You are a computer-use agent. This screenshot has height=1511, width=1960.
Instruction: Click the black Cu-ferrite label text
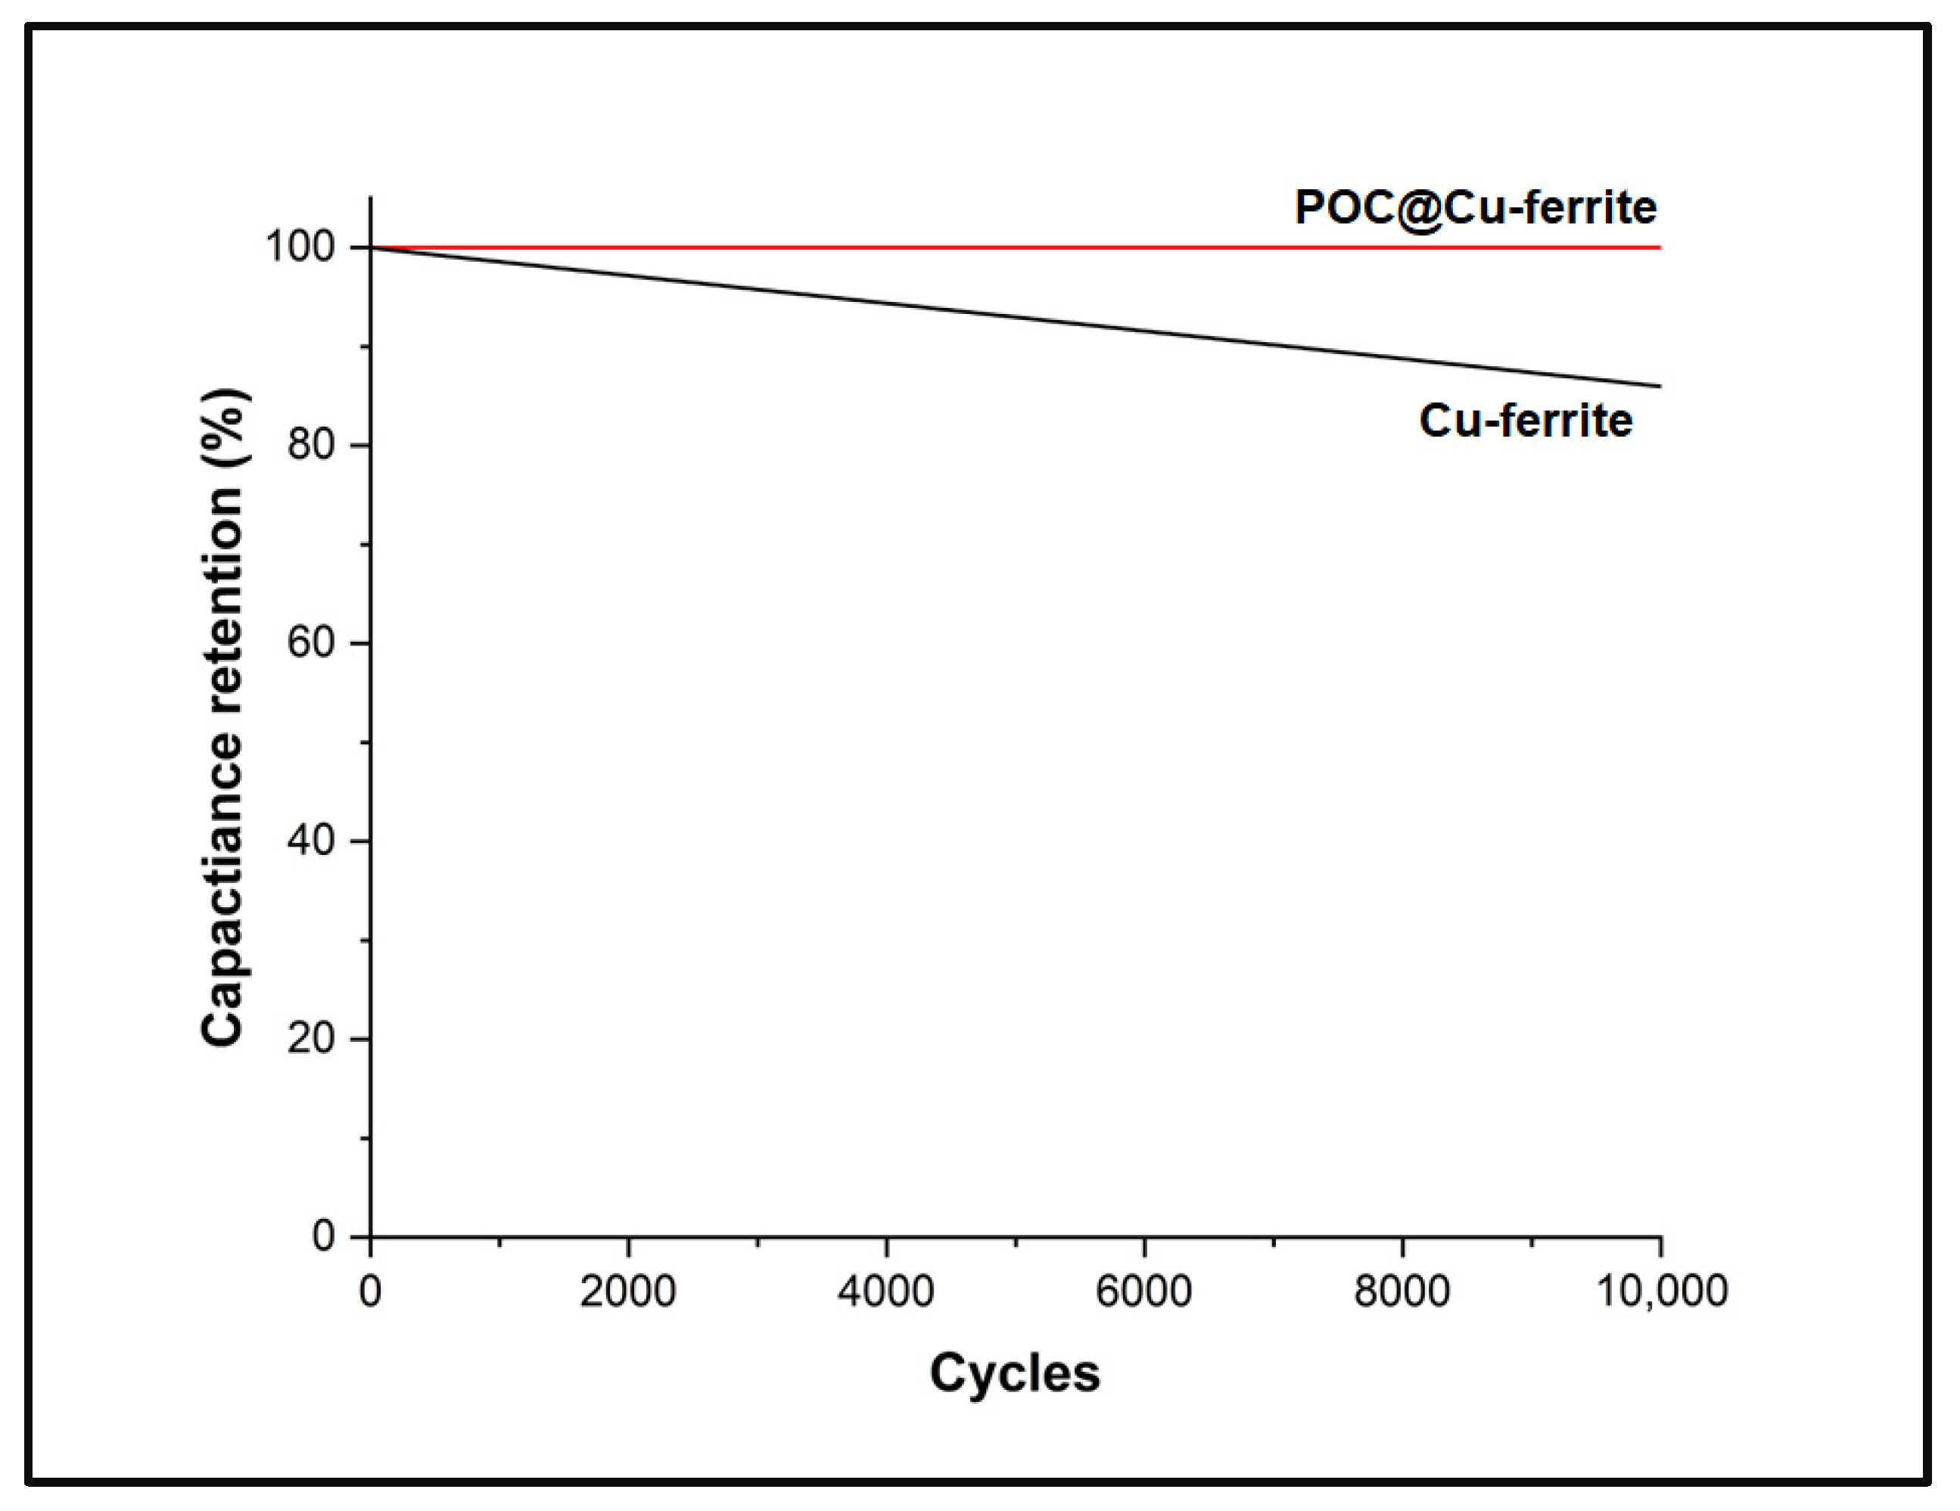(x=1525, y=421)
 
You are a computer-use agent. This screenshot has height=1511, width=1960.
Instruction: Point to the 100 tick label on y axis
(x=300, y=247)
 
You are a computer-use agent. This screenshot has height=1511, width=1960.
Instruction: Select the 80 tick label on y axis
(x=312, y=445)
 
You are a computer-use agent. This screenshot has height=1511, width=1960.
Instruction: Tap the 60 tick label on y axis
(x=312, y=643)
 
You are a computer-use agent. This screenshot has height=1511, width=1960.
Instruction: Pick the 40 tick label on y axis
(x=312, y=841)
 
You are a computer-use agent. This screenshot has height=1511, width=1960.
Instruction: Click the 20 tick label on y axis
(x=312, y=1039)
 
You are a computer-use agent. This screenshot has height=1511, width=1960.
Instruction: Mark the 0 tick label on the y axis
(x=323, y=1236)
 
